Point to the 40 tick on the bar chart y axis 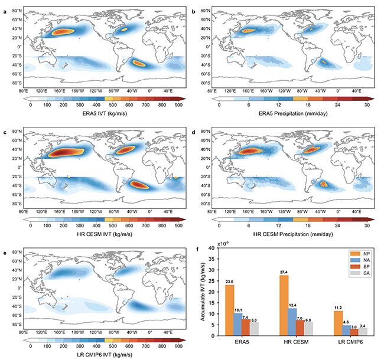(217, 248)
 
